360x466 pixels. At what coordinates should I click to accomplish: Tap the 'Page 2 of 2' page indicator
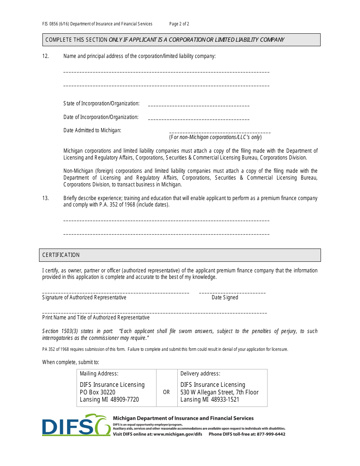179,24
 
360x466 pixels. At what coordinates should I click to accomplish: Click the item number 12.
45,56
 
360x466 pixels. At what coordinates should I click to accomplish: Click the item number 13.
45,198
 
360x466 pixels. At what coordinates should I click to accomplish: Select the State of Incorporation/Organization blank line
199,106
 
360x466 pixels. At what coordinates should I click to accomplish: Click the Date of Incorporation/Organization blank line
199,119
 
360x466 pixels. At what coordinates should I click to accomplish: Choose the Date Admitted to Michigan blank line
220,133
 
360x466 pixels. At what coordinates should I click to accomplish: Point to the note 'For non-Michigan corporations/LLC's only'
215,137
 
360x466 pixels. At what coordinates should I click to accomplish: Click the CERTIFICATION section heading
61,255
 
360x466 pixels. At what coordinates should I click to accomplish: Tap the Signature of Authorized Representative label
84,297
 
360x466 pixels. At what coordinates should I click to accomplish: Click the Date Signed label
225,297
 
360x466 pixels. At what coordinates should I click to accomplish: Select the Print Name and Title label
96,317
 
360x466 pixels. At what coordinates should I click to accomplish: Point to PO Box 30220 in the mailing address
97,392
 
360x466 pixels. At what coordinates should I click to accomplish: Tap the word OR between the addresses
166,392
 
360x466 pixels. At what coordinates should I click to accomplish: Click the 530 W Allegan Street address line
219,392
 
